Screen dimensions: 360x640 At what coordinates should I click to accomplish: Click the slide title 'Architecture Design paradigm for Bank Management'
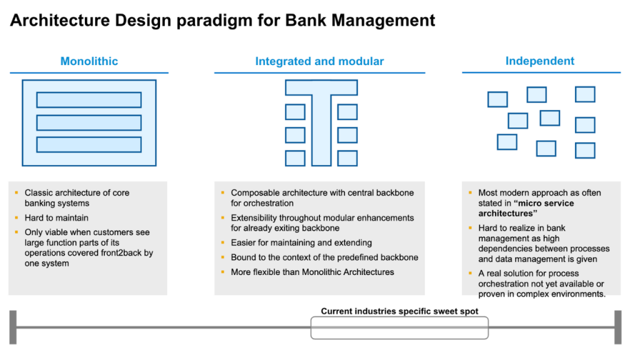coord(222,21)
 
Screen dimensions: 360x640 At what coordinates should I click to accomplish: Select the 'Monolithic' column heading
coord(89,61)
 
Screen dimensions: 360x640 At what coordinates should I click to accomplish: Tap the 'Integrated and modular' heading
coord(319,61)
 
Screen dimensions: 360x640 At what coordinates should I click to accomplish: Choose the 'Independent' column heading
coord(539,61)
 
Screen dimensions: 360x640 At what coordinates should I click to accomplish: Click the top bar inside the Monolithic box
coord(89,100)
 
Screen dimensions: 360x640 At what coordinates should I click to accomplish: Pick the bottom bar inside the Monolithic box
coord(89,144)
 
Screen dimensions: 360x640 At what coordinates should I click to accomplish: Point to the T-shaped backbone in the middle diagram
coord(321,125)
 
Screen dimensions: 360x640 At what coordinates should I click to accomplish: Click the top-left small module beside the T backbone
coord(295,112)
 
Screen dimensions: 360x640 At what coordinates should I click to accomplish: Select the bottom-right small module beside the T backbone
coord(347,158)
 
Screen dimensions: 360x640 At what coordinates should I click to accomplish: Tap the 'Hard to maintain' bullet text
coord(56,217)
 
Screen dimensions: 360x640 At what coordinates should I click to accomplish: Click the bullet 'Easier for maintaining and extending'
coord(301,242)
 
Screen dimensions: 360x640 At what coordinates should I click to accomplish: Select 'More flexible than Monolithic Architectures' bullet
coord(312,272)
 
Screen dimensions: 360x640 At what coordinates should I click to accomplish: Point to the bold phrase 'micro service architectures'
coord(526,208)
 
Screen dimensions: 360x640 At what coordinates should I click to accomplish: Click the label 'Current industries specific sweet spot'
coord(399,311)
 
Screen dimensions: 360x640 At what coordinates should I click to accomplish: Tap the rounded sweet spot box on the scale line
coord(399,327)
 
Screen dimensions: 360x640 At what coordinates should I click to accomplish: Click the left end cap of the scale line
coord(13,327)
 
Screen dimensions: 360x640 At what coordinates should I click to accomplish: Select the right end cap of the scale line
coord(617,327)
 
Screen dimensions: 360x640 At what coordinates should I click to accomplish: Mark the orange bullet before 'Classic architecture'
coord(16,193)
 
